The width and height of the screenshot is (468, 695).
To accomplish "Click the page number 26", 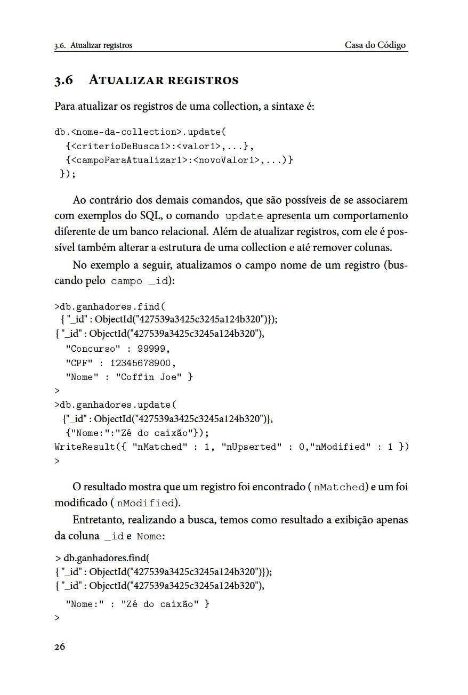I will (60, 646).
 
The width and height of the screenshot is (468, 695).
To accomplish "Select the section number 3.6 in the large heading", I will (63, 80).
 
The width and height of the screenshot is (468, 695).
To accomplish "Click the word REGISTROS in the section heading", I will (203, 80).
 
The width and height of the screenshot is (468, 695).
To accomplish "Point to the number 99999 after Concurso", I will (153, 349).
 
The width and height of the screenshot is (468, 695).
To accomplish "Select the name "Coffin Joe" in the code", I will (149, 377).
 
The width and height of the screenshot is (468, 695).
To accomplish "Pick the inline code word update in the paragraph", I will (244, 216).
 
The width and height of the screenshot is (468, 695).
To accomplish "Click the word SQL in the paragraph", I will (150, 216).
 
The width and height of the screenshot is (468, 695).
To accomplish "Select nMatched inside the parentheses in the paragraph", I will (340, 487).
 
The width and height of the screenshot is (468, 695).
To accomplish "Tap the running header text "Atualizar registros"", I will (101, 45).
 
